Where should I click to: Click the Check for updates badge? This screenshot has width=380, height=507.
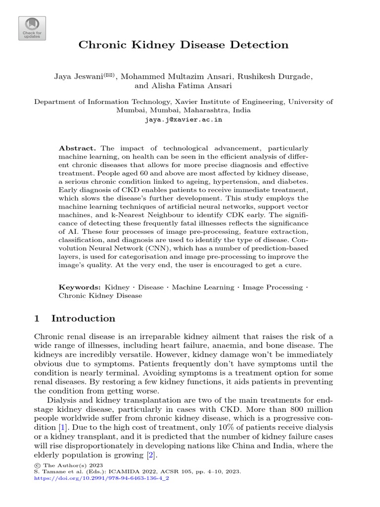32,28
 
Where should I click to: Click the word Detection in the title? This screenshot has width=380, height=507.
263,45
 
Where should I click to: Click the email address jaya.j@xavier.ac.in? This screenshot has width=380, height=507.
183,120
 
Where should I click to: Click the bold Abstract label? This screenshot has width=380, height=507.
77,149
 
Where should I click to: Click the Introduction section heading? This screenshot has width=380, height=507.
83,318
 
